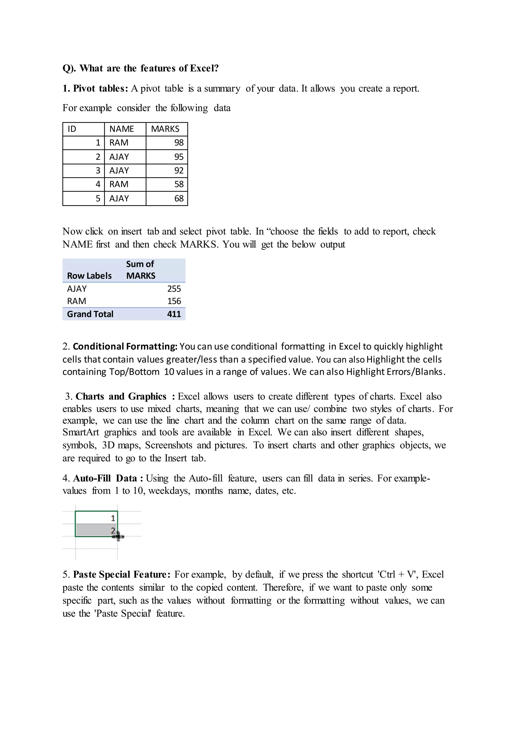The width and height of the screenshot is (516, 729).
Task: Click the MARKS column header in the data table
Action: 165,129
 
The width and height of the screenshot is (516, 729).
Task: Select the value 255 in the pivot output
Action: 174,289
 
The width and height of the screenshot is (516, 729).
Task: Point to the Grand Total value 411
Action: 174,314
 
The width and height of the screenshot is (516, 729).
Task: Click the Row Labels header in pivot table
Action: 89,276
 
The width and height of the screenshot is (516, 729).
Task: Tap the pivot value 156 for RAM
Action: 174,301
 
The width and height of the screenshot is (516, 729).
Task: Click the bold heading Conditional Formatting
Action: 125,346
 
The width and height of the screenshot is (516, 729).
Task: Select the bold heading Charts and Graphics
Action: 121,396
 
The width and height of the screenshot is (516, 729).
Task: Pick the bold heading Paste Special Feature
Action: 122,574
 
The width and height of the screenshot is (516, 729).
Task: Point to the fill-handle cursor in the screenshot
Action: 118,537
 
